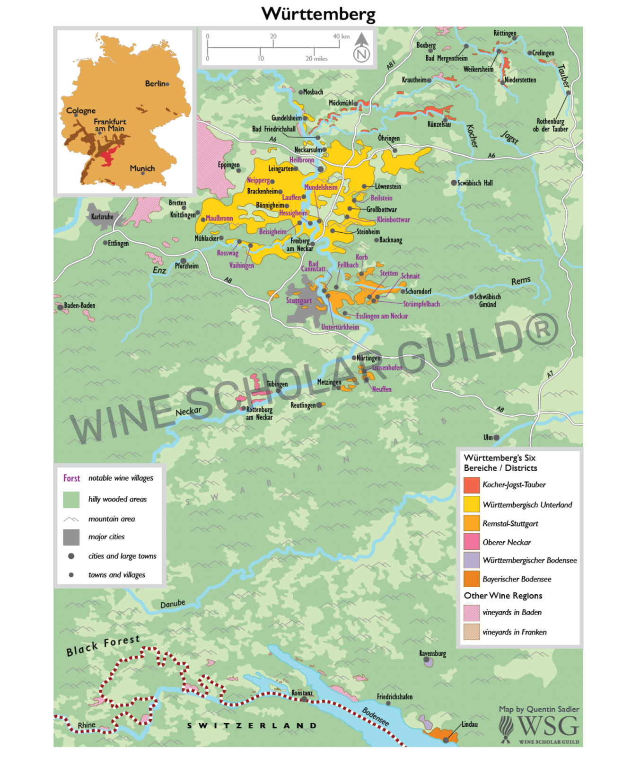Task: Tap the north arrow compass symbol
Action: pyautogui.click(x=361, y=48)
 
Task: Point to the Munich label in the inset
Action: pyautogui.click(x=142, y=168)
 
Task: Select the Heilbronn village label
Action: pyautogui.click(x=302, y=160)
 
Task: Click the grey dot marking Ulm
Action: pyautogui.click(x=496, y=438)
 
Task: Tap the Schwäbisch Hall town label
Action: pyautogui.click(x=475, y=183)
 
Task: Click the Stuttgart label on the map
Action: pyautogui.click(x=298, y=300)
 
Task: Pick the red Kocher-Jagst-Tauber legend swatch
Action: pyautogui.click(x=472, y=485)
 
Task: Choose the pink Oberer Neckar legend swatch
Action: pyautogui.click(x=472, y=541)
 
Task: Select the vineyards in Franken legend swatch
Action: pyautogui.click(x=472, y=632)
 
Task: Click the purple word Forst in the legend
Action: pyautogui.click(x=72, y=478)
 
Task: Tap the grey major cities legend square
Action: pyautogui.click(x=71, y=537)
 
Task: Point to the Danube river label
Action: pyautogui.click(x=173, y=604)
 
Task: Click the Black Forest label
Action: pyautogui.click(x=103, y=646)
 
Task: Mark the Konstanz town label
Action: pyautogui.click(x=302, y=693)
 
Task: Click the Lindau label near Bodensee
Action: pyautogui.click(x=469, y=724)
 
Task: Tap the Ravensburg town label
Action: pyautogui.click(x=432, y=653)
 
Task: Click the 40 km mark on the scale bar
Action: pyautogui.click(x=341, y=36)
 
